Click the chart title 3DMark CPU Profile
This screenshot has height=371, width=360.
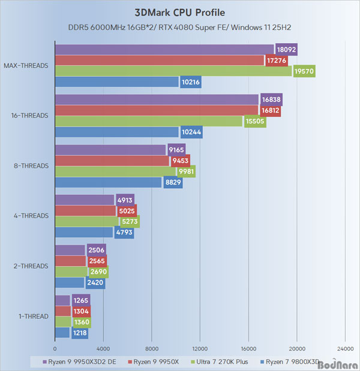(x=180, y=12)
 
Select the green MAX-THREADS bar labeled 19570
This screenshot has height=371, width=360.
(x=173, y=71)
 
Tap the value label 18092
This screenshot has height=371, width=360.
(x=286, y=50)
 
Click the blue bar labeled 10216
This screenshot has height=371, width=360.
(x=117, y=82)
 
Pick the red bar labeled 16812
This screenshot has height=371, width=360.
(x=156, y=110)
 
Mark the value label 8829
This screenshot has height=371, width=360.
(x=172, y=182)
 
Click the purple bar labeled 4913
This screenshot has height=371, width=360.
(x=84, y=200)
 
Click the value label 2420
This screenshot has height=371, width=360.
(x=95, y=282)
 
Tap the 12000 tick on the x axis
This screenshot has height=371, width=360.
(x=200, y=348)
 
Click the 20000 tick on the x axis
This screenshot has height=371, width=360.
(x=296, y=348)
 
